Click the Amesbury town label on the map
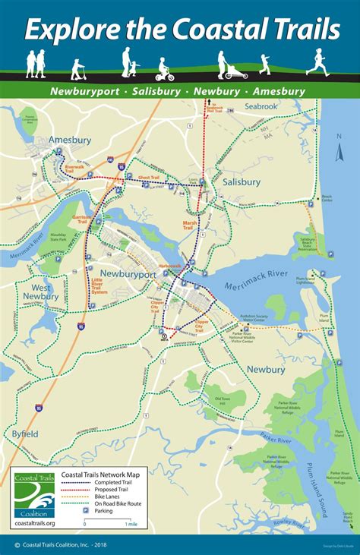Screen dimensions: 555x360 [x=70, y=140]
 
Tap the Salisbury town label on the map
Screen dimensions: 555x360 [x=242, y=182]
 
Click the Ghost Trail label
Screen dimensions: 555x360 [x=149, y=178]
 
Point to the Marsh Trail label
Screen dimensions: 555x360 [x=190, y=225]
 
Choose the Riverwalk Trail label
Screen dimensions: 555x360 [x=74, y=168]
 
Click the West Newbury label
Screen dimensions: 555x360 [x=39, y=292]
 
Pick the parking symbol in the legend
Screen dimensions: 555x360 [x=86, y=510]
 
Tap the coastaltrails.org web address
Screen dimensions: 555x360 [x=33, y=523]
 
